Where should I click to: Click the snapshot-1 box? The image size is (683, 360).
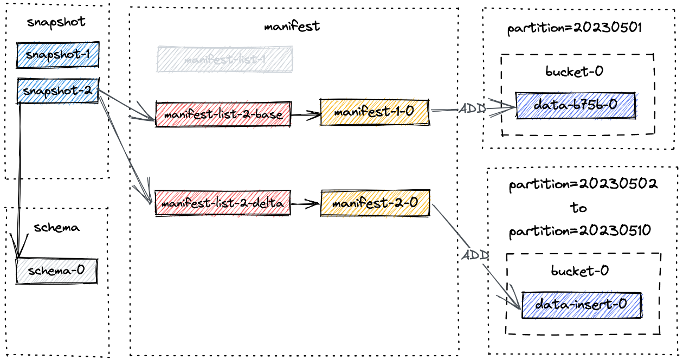(57, 55)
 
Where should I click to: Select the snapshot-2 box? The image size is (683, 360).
(57, 91)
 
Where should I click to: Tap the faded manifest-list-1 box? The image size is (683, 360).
(224, 60)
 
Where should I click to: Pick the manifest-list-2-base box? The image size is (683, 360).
(223, 114)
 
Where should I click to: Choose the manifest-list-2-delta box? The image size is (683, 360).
(222, 203)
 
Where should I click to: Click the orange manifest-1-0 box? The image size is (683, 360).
(375, 112)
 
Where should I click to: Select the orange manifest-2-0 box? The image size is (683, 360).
(375, 203)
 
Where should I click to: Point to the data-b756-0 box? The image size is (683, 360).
(575, 106)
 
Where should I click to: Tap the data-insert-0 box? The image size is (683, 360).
(581, 305)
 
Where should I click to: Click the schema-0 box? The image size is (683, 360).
(56, 271)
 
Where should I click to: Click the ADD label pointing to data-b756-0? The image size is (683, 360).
(472, 108)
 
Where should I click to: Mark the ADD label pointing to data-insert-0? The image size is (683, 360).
(475, 255)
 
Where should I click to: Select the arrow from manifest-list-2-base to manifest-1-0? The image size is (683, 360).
(305, 114)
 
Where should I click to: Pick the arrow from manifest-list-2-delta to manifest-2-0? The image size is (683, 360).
(305, 204)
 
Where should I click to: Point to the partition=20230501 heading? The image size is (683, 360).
(575, 28)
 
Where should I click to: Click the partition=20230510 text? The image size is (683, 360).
(579, 231)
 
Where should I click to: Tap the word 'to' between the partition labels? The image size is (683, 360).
(578, 208)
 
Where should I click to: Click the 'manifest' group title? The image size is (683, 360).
(292, 26)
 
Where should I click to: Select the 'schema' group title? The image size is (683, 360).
(56, 228)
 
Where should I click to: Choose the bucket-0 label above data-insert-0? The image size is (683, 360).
(579, 270)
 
